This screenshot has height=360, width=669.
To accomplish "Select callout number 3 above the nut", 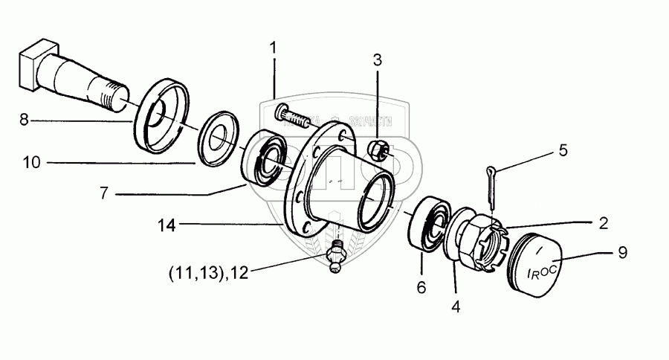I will [x=378, y=60].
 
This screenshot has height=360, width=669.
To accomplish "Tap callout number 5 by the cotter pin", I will [x=563, y=150].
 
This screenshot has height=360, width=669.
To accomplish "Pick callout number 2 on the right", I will [x=603, y=222].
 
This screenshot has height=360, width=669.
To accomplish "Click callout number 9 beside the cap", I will [x=622, y=253].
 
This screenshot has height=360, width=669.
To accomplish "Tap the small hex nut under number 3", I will [x=378, y=151].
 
